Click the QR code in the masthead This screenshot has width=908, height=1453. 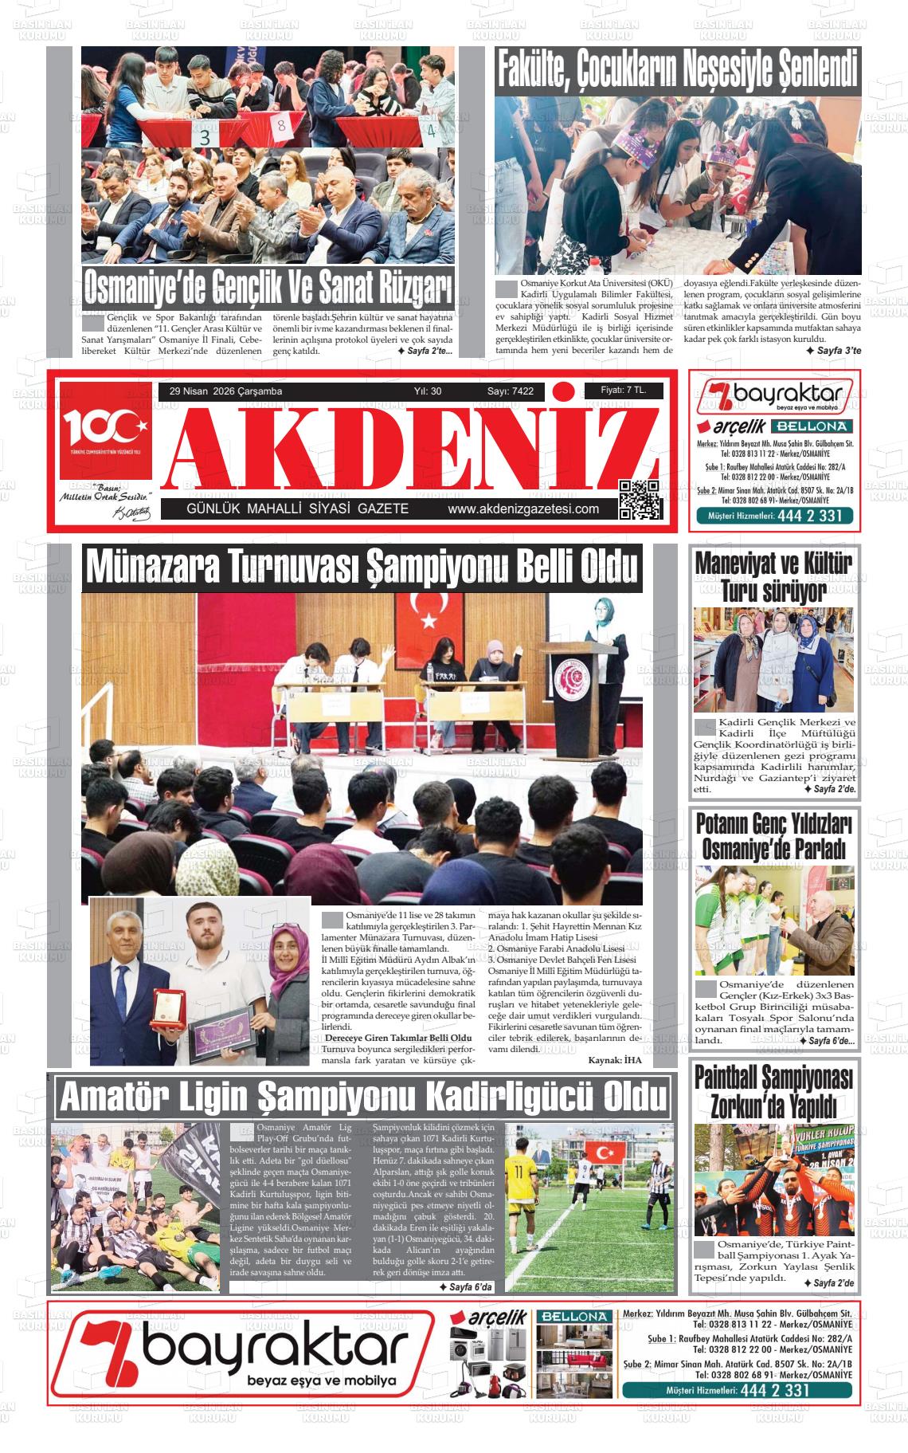(640, 500)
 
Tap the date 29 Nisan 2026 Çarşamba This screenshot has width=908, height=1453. (225, 391)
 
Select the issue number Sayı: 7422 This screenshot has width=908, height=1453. (511, 391)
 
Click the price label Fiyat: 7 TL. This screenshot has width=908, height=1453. (622, 390)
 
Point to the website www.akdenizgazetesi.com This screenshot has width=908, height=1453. (523, 510)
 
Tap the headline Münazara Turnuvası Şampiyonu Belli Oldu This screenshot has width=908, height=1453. (362, 567)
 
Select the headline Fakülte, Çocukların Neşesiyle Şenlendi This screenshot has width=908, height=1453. (678, 70)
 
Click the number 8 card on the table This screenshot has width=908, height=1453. (281, 126)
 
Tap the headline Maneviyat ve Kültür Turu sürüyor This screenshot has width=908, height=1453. (773, 576)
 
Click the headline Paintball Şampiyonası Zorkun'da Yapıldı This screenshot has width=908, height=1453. (773, 1092)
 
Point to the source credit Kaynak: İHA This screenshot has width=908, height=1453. (614, 1060)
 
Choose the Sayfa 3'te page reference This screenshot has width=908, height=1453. (833, 350)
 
